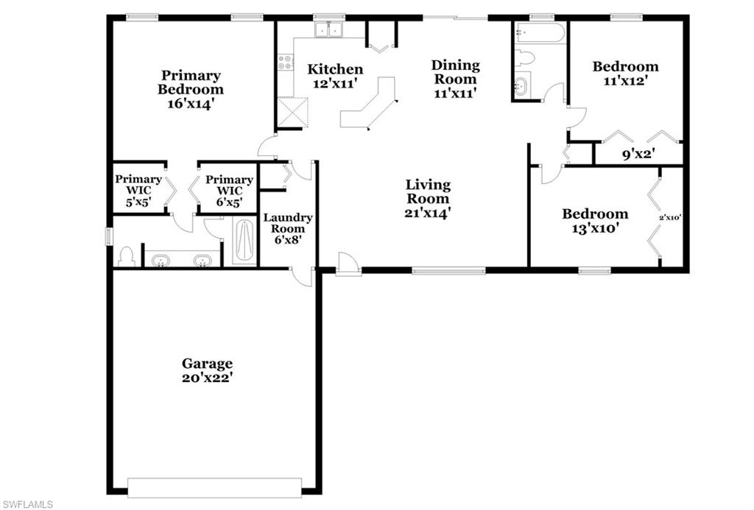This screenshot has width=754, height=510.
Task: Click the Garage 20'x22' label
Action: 208,370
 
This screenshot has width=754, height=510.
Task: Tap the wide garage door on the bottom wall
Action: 214,487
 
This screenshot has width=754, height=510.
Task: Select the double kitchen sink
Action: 329,29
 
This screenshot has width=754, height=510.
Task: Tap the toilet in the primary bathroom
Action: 125,256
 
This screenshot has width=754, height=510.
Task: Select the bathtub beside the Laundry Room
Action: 244,241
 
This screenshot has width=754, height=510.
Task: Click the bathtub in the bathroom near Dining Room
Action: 540,32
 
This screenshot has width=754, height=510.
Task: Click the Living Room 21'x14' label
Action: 428,199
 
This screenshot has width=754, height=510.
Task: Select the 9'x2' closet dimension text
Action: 638,155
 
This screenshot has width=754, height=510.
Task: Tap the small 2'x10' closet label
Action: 670,217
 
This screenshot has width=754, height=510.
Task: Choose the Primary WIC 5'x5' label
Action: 138,191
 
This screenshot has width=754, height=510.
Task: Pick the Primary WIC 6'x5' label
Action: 229,191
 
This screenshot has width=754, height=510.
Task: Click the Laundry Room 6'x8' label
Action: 288,228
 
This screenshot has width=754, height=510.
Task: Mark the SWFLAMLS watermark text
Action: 27,503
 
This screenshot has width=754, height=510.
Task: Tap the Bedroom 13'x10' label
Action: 595,221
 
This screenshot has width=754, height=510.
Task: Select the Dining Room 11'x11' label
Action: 455,79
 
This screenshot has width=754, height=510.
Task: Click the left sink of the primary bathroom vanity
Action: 161,260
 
